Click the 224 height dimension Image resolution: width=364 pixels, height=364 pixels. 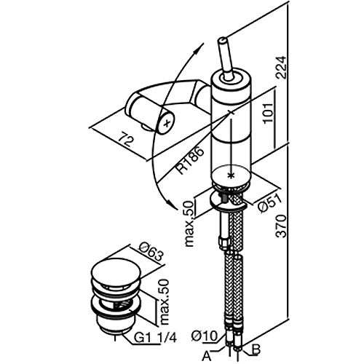point(282,67)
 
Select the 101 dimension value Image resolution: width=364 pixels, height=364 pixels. point(269,113)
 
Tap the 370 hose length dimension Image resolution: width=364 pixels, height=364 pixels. point(282,226)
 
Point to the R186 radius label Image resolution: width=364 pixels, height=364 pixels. point(190,160)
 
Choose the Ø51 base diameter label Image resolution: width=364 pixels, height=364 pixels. point(270,203)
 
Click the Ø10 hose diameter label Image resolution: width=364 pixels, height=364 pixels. point(204,336)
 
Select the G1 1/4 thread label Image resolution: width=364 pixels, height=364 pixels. point(155,338)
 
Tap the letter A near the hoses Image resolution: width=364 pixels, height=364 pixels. point(207,356)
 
